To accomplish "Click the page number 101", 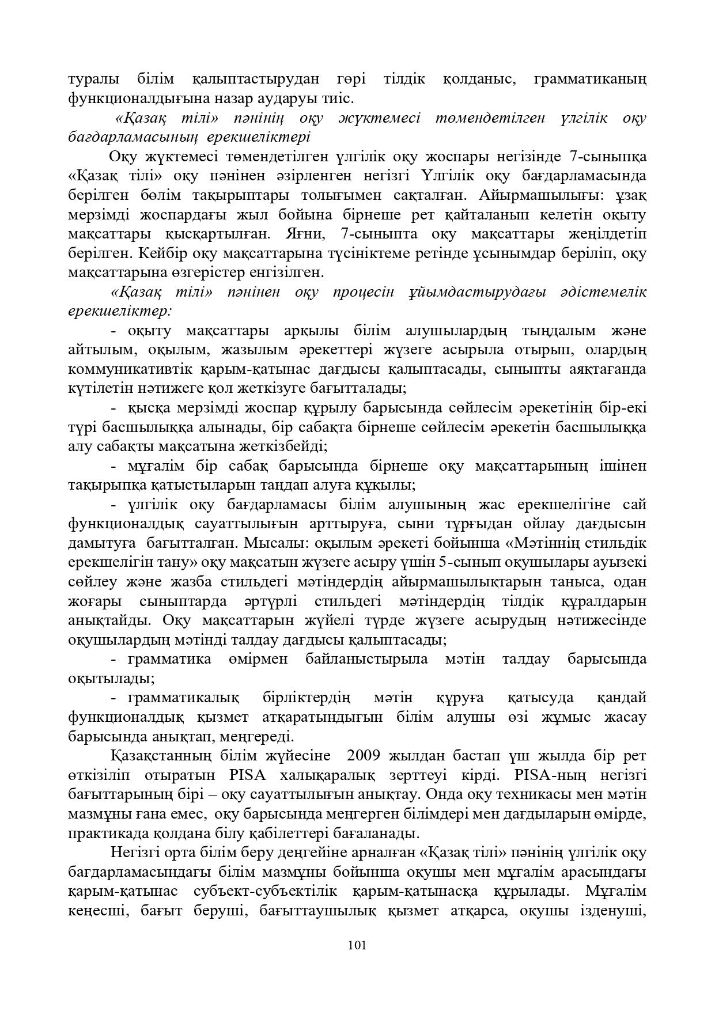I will point(357,944).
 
